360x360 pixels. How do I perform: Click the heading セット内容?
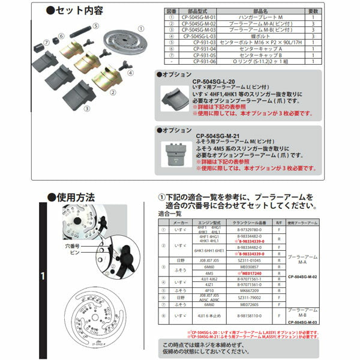pyautogui.click(x=80, y=12)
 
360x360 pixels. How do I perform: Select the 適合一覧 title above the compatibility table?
pyautogui.click(x=170, y=214)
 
